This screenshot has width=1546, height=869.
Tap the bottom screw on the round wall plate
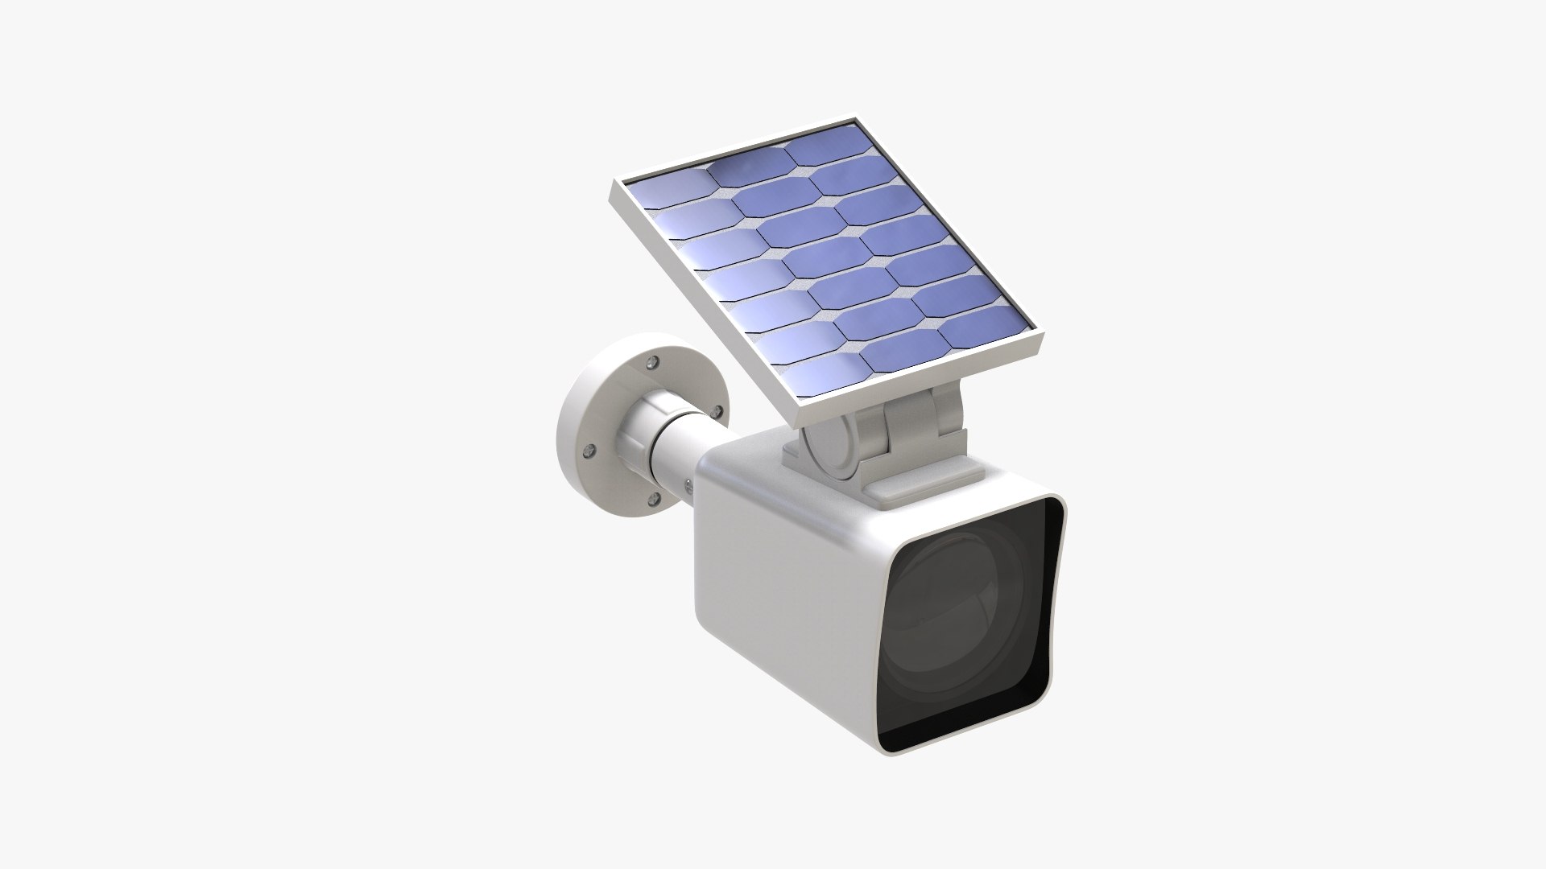[654, 500]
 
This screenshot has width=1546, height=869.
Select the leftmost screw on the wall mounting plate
[589, 451]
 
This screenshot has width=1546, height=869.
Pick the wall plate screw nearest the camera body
[716, 412]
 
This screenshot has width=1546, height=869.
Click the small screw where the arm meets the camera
[689, 484]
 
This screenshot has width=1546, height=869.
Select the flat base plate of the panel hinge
[882, 475]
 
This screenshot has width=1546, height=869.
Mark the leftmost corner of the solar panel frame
[611, 183]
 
